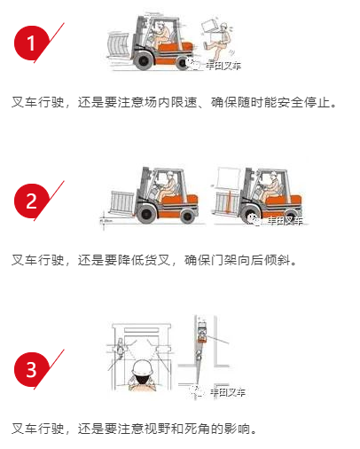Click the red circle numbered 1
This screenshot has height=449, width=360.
click(31, 43)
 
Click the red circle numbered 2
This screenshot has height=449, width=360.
click(31, 201)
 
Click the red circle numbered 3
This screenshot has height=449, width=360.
click(31, 369)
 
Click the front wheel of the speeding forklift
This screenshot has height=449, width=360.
click(144, 60)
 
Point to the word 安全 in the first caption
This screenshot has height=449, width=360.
click(291, 102)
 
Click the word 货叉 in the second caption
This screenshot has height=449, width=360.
click(158, 260)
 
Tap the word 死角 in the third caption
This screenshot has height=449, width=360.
click(197, 429)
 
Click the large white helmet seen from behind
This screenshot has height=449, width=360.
click(143, 368)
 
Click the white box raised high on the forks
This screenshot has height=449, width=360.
click(228, 177)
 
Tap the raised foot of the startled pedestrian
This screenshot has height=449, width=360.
click(206, 44)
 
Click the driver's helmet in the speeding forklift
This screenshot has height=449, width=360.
click(161, 24)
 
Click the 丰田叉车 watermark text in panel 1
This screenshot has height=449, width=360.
click(223, 66)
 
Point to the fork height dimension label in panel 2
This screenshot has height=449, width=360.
click(106, 221)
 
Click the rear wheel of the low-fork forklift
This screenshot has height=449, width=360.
click(187, 217)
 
